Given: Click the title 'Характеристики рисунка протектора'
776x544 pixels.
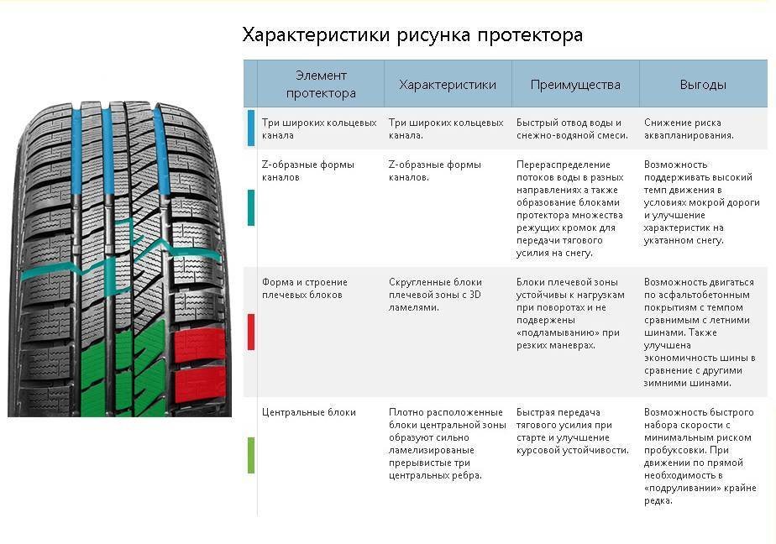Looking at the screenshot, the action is (x=412, y=35).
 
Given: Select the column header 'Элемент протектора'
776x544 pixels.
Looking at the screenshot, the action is (x=321, y=84).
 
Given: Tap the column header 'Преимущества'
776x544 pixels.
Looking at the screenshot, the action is (x=575, y=85).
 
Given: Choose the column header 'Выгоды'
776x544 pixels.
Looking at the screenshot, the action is (x=703, y=85).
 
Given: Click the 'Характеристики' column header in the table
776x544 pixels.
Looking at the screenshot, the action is (x=448, y=85).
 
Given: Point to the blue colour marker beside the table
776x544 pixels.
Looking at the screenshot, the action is (x=251, y=128).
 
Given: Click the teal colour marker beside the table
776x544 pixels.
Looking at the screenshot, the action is (x=251, y=207).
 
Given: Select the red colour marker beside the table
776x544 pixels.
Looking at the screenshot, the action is (x=251, y=332).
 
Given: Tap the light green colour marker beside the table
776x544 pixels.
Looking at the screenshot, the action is (x=251, y=456).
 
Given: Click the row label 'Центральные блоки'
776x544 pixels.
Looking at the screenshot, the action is (x=309, y=412).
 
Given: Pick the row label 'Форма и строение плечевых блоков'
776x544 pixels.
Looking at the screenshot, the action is (x=304, y=288).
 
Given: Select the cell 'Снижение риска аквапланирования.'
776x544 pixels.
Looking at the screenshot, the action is (x=689, y=128).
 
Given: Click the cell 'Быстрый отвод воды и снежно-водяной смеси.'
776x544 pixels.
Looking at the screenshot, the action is (x=572, y=128).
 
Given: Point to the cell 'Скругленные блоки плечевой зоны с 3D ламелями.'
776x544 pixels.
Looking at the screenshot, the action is (x=435, y=295).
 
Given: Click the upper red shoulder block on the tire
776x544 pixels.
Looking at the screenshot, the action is (x=200, y=344).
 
